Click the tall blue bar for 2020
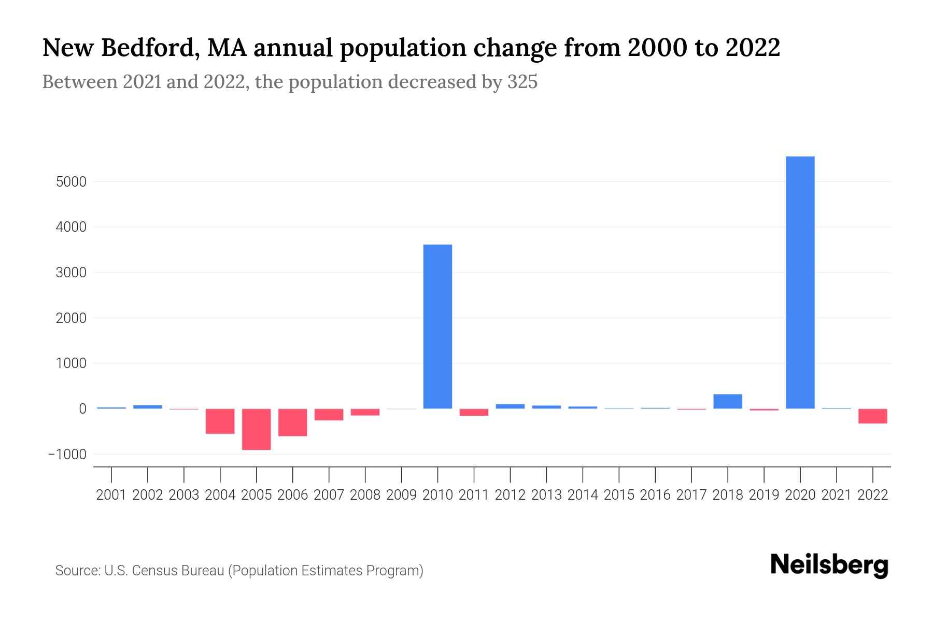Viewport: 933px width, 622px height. click(x=800, y=282)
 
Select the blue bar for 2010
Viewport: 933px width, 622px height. click(x=437, y=327)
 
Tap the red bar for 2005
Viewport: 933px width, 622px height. click(x=256, y=429)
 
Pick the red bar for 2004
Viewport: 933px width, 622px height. click(x=220, y=421)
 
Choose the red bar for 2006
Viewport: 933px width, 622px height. click(x=292, y=422)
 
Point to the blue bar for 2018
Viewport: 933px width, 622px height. click(x=727, y=402)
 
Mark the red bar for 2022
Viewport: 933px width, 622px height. click(x=872, y=416)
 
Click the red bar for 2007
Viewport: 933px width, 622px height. click(x=329, y=414)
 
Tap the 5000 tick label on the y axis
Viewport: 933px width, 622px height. click(x=70, y=182)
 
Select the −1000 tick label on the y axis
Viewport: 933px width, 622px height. click(x=67, y=455)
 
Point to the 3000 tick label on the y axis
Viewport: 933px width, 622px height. click(x=70, y=273)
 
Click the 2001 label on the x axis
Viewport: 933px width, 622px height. click(x=111, y=495)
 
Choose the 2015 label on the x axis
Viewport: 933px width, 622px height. click(x=619, y=495)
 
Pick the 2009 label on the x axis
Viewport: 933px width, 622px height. click(x=401, y=495)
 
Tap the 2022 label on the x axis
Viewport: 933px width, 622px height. click(x=873, y=495)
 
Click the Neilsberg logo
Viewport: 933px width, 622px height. click(x=829, y=565)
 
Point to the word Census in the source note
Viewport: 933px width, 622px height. click(x=155, y=571)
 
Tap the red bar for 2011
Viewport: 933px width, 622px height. click(x=474, y=412)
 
